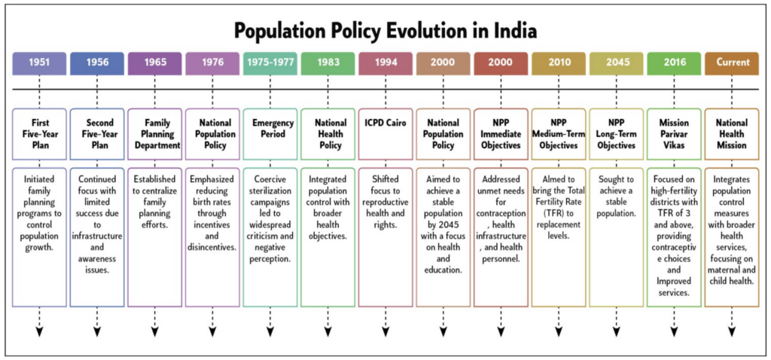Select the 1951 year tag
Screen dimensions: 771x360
pos(39,63)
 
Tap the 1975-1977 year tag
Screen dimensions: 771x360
pos(270,63)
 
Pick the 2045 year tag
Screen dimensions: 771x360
pos(616,63)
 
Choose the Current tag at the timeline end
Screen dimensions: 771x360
pos(732,63)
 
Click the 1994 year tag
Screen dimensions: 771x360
pos(385,63)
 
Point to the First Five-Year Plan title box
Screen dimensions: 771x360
pos(39,134)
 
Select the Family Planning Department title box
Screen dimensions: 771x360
pos(154,134)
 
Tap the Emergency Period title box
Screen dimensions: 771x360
pos(270,134)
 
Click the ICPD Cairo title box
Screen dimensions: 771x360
pos(385,134)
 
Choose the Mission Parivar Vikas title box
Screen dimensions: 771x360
pos(674,134)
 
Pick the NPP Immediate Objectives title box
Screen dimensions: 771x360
pos(501,134)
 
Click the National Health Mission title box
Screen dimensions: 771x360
pos(732,134)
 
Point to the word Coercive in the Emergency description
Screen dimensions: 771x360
pos(270,179)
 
